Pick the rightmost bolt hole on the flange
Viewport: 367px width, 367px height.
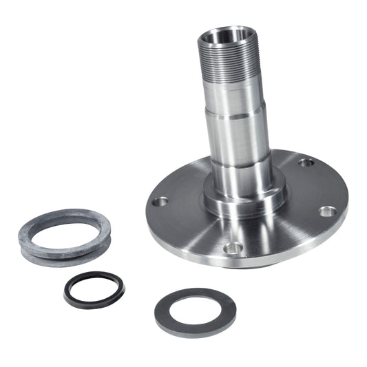tap(328, 211)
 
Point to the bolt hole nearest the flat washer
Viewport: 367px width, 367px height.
tap(233, 247)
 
